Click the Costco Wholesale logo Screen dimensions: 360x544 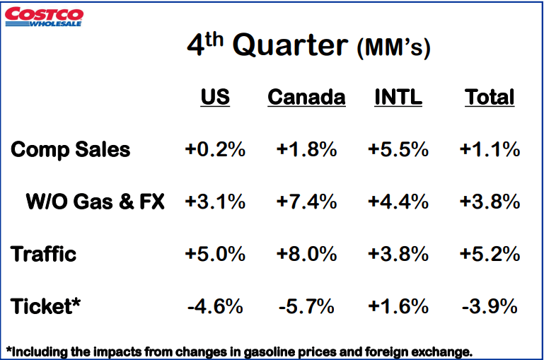tap(43, 16)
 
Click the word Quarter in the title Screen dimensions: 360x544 tap(290, 46)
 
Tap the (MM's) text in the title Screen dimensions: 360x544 tap(393, 48)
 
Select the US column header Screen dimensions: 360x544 tap(215, 97)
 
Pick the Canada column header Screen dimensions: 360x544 tap(306, 97)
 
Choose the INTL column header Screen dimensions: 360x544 tap(398, 97)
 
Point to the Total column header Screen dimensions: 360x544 tap(490, 97)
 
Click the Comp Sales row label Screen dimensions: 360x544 tap(71, 150)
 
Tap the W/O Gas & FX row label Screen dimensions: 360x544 tap(95, 202)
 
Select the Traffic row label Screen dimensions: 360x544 tap(44, 254)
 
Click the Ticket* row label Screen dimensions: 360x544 tap(46, 306)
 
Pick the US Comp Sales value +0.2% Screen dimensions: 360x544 tap(215, 150)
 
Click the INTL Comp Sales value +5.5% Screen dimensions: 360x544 tap(398, 150)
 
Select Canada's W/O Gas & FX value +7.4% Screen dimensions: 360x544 tap(306, 202)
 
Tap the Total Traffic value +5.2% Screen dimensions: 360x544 tap(490, 254)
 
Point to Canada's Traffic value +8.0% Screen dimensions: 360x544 tap(306, 254)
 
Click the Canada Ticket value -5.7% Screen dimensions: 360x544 tap(306, 306)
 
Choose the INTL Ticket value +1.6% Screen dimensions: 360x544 tap(398, 306)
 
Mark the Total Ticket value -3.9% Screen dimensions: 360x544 tap(490, 306)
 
